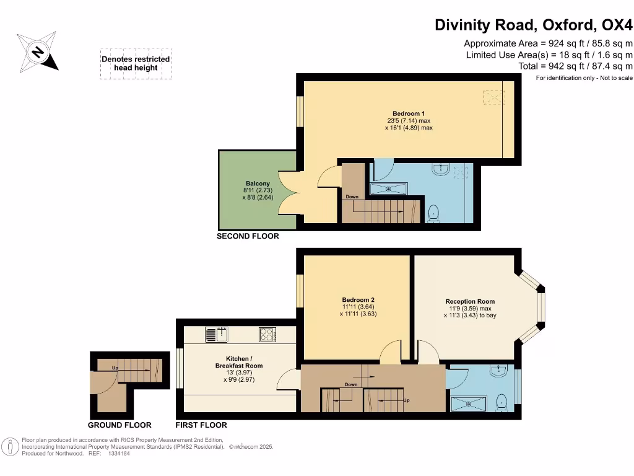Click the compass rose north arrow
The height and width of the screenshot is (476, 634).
tap(38, 52)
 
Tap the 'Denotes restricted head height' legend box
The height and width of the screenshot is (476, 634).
tap(136, 64)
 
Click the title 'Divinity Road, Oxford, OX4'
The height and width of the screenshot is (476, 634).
tap(533, 25)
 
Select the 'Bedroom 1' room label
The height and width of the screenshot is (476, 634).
tap(409, 114)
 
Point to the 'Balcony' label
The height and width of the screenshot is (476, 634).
tap(258, 183)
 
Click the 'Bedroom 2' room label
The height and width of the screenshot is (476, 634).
tap(358, 300)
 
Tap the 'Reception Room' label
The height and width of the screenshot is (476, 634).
tap(470, 302)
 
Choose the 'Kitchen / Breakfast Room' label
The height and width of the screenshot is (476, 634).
tap(239, 362)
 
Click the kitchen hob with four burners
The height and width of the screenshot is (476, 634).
tap(267, 334)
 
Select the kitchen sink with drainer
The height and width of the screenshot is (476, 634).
tap(216, 334)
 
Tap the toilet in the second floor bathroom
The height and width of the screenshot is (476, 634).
tap(433, 213)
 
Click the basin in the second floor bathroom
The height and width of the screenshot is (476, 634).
tap(441, 169)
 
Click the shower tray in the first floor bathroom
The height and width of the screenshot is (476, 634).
tap(469, 404)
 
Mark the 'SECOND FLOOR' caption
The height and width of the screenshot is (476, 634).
tap(248, 236)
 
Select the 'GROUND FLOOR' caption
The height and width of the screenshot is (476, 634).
tap(119, 425)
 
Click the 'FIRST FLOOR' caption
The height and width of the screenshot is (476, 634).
tap(201, 425)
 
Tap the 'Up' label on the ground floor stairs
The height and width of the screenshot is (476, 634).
tap(115, 368)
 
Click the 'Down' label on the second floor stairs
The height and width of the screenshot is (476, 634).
tap(352, 196)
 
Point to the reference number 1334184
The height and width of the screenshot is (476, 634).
tap(119, 454)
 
